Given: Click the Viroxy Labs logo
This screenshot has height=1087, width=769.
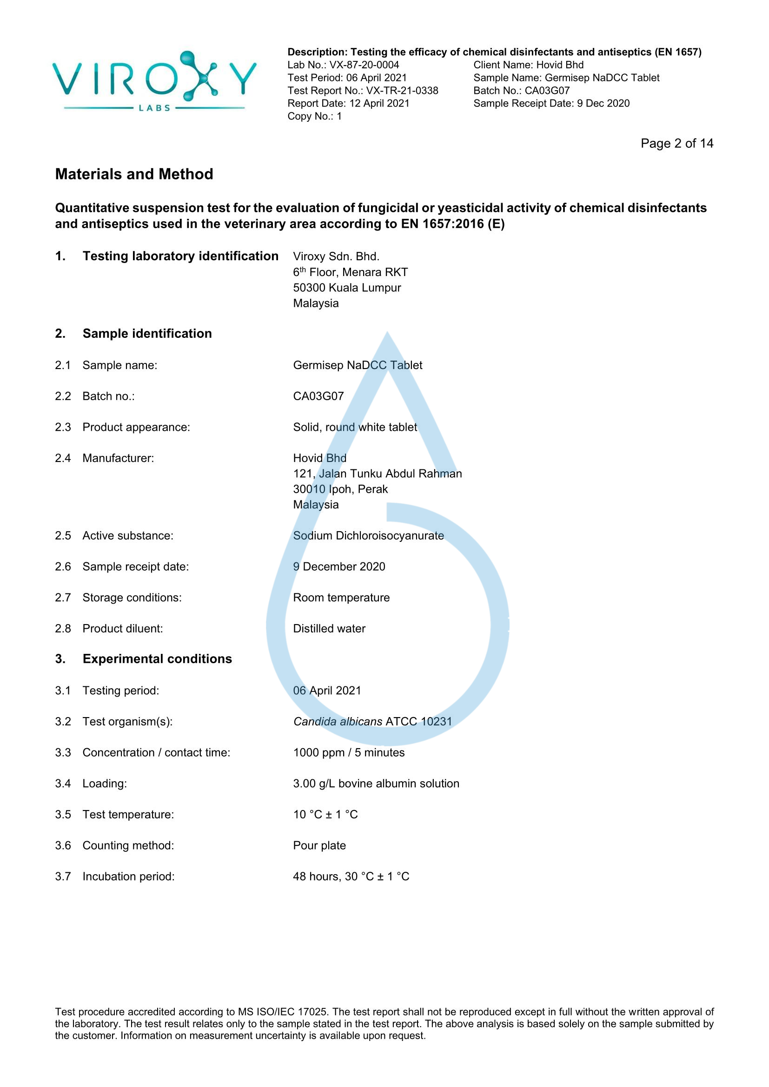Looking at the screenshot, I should coord(154,81).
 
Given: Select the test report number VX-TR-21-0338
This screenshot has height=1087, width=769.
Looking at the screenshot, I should coord(402,91).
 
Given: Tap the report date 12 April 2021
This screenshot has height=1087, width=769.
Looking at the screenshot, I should coord(379,103).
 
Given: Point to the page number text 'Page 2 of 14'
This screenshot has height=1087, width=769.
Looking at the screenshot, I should coord(676,144).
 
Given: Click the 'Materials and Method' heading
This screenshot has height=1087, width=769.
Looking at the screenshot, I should coord(134,174).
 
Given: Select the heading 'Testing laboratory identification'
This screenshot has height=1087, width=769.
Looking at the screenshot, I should coord(180,256).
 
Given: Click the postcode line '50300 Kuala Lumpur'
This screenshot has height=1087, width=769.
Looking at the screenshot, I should coord(347,288).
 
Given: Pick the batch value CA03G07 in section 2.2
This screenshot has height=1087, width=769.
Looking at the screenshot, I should coord(318,396).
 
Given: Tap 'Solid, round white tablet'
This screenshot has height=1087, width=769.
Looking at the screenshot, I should coord(355,427).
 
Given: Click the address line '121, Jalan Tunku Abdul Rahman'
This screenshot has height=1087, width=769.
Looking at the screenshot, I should coord(378,474).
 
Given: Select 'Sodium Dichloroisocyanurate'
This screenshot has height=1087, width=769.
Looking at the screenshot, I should coord(368,535).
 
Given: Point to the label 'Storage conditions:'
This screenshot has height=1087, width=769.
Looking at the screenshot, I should coord(132,598).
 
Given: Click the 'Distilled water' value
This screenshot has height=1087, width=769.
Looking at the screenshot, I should coord(329,628).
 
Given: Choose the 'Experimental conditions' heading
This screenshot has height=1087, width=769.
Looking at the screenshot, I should coord(157,659).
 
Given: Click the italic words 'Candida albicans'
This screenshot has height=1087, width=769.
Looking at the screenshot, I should coord(338,722).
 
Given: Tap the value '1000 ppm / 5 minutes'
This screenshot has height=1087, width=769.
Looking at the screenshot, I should coord(349,752).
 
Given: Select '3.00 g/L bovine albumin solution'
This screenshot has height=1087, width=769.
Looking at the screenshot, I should coord(376,784).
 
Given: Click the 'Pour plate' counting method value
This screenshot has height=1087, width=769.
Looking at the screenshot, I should coord(319,845).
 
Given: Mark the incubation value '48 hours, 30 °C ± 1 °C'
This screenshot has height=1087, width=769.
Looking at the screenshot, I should coord(351,876).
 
